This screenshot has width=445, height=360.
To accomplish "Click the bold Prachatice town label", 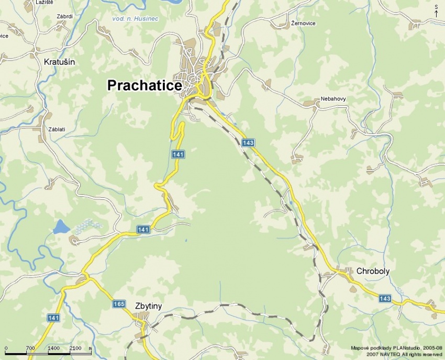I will [144, 86].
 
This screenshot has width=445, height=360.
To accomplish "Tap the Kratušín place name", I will [60, 62].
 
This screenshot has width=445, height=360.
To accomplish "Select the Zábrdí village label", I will [64, 16].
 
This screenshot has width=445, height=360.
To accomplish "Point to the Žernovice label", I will [304, 24].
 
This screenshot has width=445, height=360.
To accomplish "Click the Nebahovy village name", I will [333, 99].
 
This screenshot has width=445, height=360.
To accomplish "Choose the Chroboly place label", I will [373, 271].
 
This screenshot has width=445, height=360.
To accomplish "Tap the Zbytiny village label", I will [148, 306].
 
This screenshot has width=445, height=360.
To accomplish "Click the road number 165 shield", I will [119, 304].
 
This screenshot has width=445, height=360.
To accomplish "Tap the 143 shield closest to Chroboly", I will [385, 298].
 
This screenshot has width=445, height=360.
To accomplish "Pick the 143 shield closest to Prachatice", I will [248, 142].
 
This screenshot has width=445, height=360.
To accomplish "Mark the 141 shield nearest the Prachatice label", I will [178, 154].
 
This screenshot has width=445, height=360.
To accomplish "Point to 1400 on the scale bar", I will [53, 348].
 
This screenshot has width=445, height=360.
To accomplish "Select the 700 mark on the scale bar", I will [30, 348].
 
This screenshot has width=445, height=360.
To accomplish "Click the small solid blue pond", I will [61, 227].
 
